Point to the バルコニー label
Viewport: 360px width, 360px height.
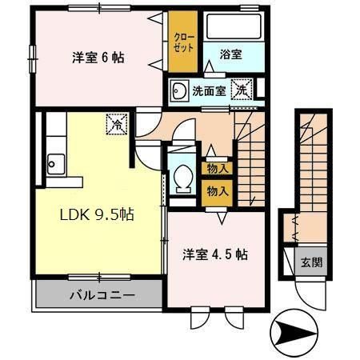100,295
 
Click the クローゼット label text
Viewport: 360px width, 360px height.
182,42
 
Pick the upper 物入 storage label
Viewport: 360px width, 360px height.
217,168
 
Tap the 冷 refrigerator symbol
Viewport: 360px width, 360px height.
117,125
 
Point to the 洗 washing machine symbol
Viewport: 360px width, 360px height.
242,90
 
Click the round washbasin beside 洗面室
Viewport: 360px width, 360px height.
180,90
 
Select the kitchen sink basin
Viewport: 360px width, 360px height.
54,166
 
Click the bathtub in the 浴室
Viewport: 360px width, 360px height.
231,27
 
